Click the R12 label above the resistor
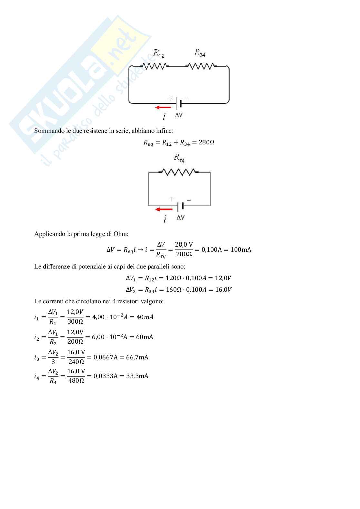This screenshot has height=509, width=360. coord(158,54)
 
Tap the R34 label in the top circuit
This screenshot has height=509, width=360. coord(200,53)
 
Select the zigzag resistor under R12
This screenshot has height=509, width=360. coord(155,66)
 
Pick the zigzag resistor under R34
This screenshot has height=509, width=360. coord(201,66)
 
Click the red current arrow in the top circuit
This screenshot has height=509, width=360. coord(163,107)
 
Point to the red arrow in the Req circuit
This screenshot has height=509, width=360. coord(164,209)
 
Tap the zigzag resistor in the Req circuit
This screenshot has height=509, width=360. coord(179,172)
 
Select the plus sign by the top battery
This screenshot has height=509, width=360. coord(171,98)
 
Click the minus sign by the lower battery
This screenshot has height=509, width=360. coord(189,201)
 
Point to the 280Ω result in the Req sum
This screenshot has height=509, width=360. coord(206,142)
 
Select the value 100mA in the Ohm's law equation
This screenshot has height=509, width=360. coord(241,250)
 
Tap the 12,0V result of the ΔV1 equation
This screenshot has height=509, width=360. coord(223,278)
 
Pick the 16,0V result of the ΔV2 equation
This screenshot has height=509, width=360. coord(223,289)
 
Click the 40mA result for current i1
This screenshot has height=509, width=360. coord(145,317)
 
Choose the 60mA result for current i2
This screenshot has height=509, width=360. coord(145,337)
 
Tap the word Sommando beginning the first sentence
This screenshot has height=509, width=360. coord(47,131)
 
